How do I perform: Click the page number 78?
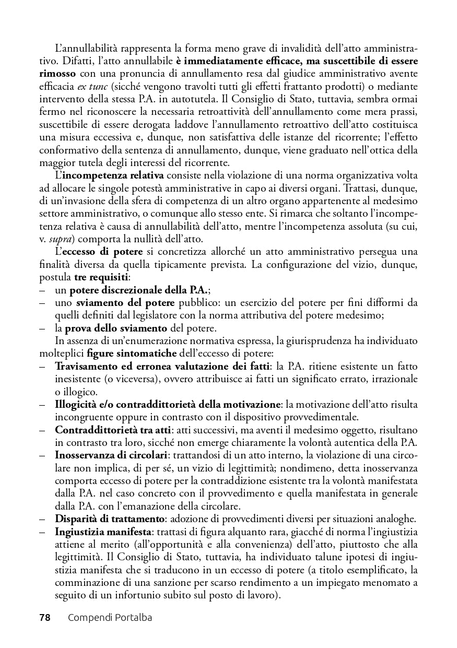coord(44,618)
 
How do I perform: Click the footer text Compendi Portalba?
coord(110,618)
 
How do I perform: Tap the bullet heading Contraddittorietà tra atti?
coord(112,430)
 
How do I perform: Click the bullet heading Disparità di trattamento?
coord(110,519)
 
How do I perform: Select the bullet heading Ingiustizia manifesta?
coord(103,532)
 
